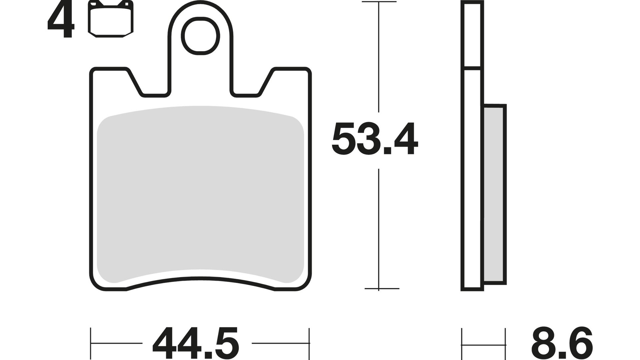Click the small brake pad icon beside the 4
pos(110,19)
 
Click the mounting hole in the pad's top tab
pos(200,37)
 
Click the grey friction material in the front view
pos(200,193)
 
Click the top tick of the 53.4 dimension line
pos(379,2)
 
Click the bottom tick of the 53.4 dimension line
pos(379,288)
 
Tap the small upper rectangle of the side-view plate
pos(472,35)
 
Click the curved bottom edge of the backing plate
pos(200,278)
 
